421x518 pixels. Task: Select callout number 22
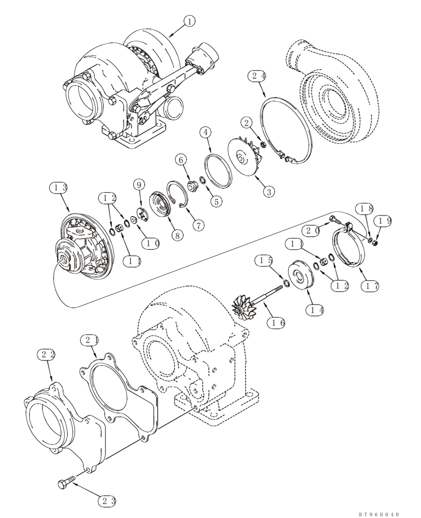click(x=47, y=355)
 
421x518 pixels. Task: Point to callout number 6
click(x=180, y=161)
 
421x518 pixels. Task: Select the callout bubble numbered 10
click(x=151, y=242)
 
